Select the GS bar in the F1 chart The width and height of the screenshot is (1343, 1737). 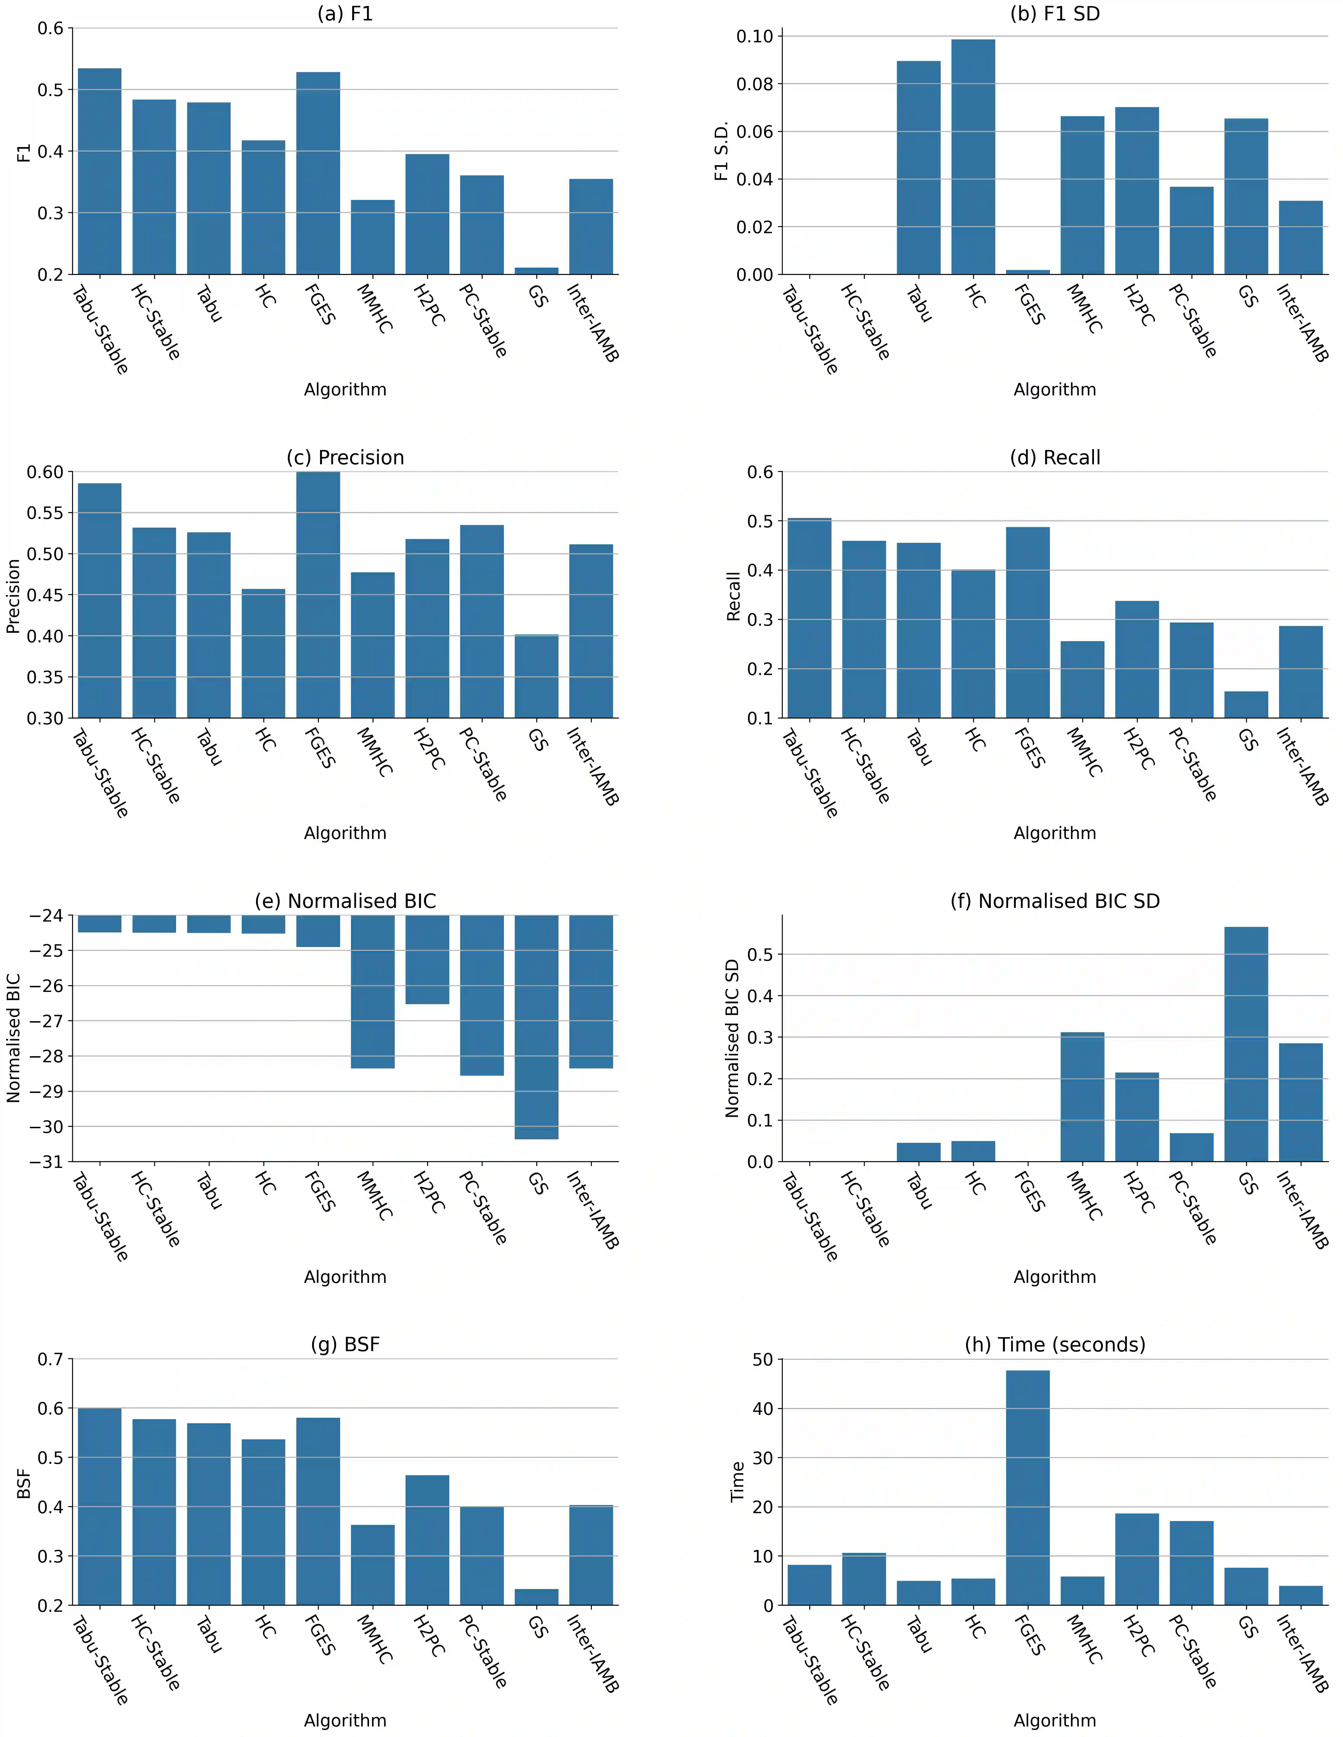[x=536, y=271]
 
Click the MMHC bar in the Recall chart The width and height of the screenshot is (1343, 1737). [x=1082, y=679]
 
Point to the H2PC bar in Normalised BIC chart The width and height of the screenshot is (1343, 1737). [x=427, y=959]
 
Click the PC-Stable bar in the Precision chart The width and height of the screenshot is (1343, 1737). [x=481, y=621]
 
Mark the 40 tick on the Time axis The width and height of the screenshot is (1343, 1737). [x=762, y=1408]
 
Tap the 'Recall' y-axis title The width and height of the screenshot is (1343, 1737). [x=733, y=596]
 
